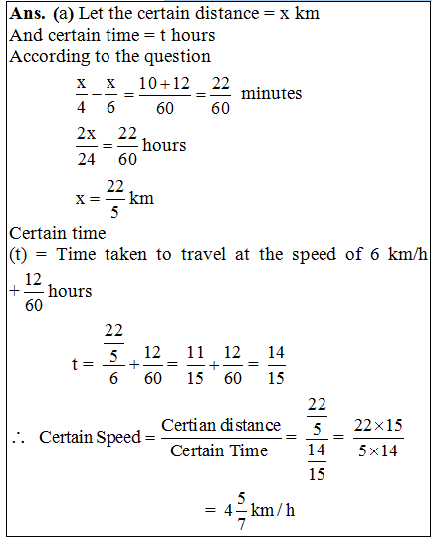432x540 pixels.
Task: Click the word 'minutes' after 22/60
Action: tap(272, 93)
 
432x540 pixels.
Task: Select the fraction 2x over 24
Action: tap(87, 145)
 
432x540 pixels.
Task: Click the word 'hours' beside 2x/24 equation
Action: tap(165, 145)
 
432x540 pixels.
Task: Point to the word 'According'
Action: tap(46, 56)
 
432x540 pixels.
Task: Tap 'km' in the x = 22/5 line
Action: tap(141, 198)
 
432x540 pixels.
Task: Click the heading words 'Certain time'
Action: tap(56, 234)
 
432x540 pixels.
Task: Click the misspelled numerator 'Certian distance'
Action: tap(221, 426)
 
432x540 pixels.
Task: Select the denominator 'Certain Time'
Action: tap(220, 451)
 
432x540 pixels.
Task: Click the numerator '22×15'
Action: tap(375, 426)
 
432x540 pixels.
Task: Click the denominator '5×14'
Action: tap(375, 451)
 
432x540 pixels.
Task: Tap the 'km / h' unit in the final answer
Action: tap(268, 510)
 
